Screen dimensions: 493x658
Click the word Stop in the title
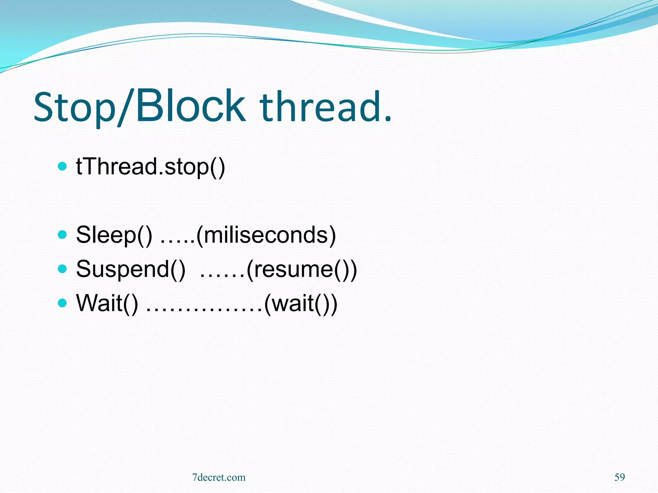click(x=75, y=108)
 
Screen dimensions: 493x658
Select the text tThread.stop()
click(x=150, y=167)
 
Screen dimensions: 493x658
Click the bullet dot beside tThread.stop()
click(x=62, y=166)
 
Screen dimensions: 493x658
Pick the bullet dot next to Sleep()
click(x=62, y=235)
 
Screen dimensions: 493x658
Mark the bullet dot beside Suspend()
click(x=62, y=269)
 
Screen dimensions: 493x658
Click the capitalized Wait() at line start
click(x=107, y=303)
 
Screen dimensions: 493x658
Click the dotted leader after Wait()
click(x=204, y=310)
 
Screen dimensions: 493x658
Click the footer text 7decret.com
click(x=218, y=477)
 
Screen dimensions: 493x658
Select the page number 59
click(x=619, y=477)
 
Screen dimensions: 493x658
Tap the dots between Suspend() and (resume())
click(x=222, y=276)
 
